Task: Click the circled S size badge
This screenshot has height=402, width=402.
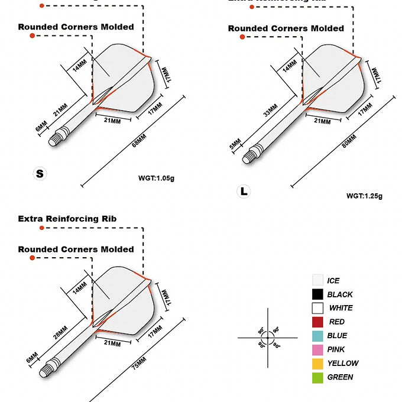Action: click(40, 173)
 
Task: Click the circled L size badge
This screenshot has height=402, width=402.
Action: click(243, 191)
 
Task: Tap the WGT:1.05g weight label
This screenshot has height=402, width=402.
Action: click(156, 178)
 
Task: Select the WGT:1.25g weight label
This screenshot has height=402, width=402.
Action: click(364, 196)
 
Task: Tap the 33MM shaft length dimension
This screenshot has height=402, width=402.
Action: click(270, 112)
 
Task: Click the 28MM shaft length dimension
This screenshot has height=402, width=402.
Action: click(60, 333)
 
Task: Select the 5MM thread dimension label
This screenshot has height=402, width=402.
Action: click(235, 144)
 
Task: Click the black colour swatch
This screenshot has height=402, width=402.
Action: click(317, 294)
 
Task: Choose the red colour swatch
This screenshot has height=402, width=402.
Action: click(317, 322)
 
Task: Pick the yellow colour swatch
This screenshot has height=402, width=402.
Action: click(317, 364)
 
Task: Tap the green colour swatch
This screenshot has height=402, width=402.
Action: click(317, 377)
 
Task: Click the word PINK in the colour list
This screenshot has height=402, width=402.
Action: click(336, 349)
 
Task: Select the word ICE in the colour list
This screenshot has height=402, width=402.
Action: click(333, 281)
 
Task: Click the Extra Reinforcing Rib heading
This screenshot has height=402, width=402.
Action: click(67, 219)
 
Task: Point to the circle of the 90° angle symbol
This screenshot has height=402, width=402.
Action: click(267, 338)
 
